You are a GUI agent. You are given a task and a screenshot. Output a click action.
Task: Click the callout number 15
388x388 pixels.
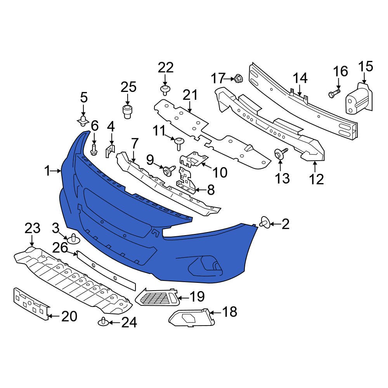365,67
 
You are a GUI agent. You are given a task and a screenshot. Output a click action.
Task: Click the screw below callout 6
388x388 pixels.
94,149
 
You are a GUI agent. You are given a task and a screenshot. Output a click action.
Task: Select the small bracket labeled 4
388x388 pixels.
110,151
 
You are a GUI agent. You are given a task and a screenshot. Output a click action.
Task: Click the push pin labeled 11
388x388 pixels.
179,143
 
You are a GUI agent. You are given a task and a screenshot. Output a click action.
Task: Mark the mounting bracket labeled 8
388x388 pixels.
186,181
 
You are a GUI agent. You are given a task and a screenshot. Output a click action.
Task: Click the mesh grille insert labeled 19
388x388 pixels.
157,298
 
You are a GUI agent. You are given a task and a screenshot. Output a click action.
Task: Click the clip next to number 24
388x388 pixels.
103,322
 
